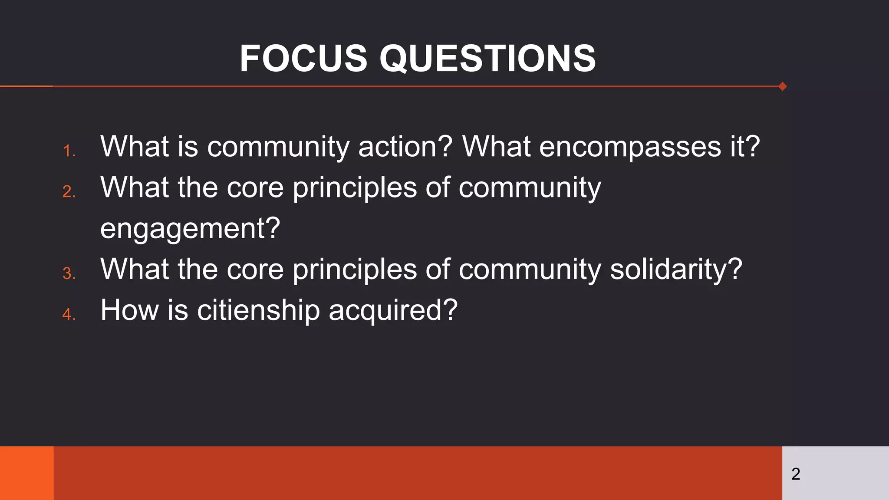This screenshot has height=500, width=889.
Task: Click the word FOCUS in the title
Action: click(x=303, y=59)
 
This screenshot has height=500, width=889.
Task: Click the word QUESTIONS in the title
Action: click(x=487, y=59)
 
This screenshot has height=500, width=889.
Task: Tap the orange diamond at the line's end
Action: click(x=783, y=86)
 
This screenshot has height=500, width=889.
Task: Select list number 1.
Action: click(x=69, y=151)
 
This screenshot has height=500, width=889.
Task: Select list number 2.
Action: click(x=69, y=191)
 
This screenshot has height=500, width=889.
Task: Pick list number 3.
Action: click(x=69, y=273)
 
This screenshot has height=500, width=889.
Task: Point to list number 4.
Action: click(x=69, y=314)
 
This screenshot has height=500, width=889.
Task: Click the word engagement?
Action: click(x=190, y=229)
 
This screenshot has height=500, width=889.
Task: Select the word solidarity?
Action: click(x=676, y=269)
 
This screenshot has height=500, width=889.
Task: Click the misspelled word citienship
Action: click(x=258, y=310)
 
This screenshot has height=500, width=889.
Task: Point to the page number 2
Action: click(x=795, y=474)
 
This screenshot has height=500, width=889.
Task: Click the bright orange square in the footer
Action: click(x=26, y=473)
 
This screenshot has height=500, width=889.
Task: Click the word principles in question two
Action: click(x=355, y=188)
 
